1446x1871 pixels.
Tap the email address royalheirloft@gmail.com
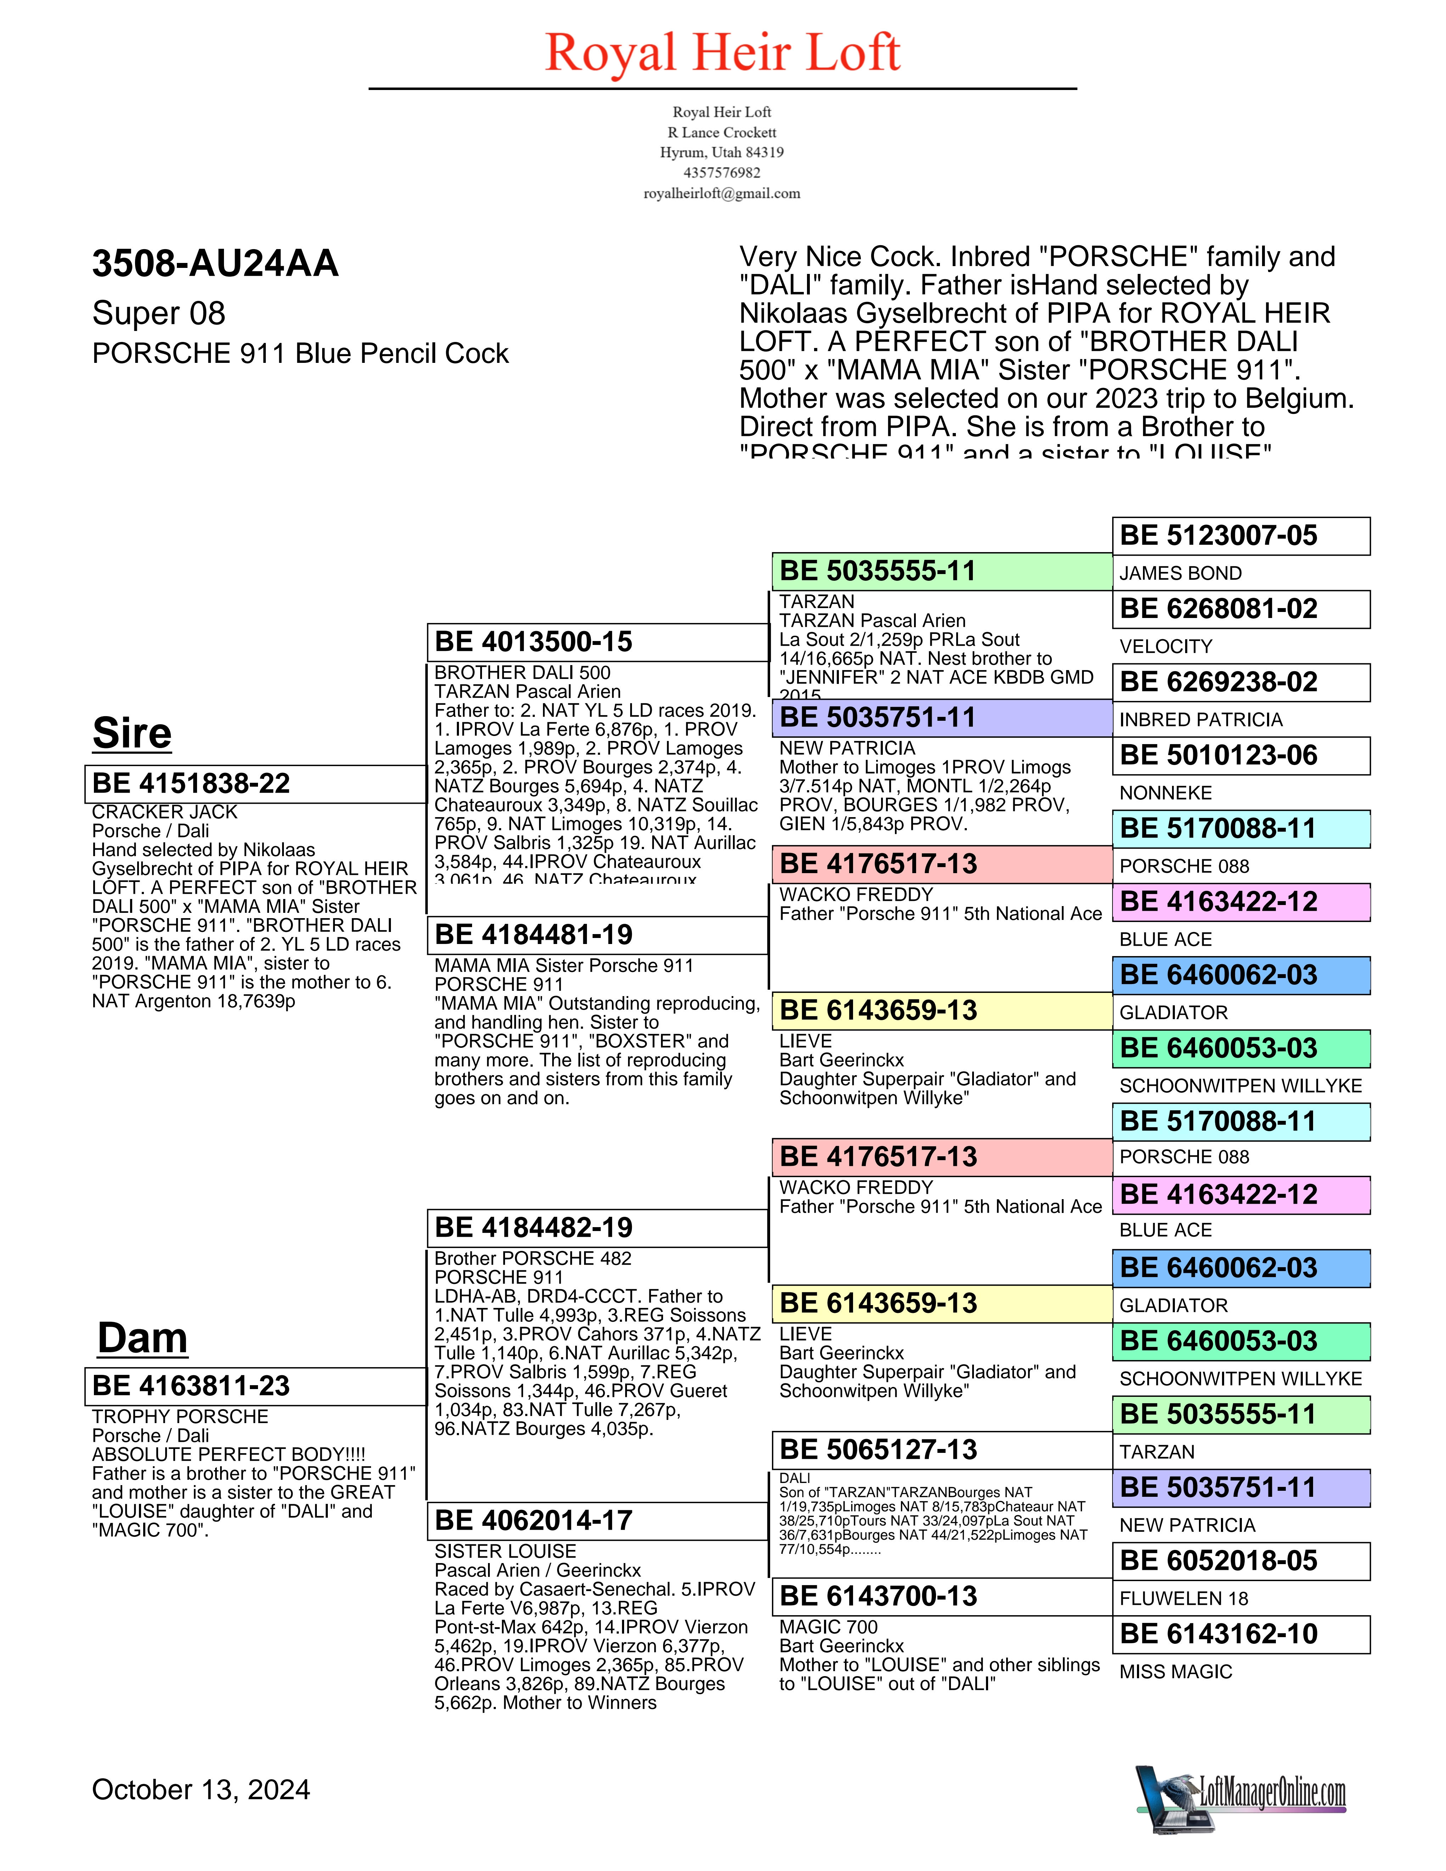point(722,193)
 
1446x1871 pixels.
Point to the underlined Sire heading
point(132,733)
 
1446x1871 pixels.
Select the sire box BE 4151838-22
point(255,784)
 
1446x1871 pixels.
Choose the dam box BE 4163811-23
point(255,1386)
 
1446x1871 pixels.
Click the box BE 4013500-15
point(597,642)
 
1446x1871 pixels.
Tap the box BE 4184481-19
point(597,935)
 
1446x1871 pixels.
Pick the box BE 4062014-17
point(597,1521)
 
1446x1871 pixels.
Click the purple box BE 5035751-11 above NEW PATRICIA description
point(941,718)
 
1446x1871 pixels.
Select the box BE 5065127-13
point(941,1450)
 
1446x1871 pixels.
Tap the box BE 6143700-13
point(941,1596)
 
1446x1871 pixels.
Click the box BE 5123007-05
point(1240,536)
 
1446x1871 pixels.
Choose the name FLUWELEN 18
point(1184,1599)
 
